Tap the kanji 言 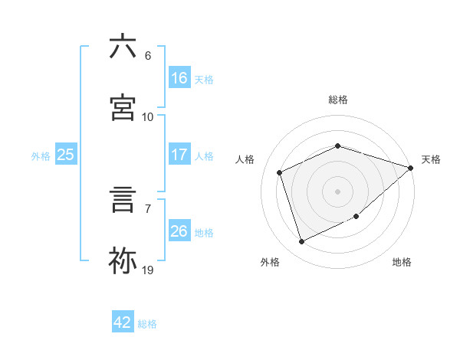123,198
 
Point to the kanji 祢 123,260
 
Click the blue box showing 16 179,77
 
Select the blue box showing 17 179,155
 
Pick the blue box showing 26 179,231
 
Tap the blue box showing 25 66,155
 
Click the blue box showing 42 123,322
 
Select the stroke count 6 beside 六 147,55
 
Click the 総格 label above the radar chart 338,100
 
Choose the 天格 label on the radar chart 431,159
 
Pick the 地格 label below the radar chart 402,262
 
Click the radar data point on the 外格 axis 302,242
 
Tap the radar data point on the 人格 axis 281,172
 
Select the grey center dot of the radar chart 338,191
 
